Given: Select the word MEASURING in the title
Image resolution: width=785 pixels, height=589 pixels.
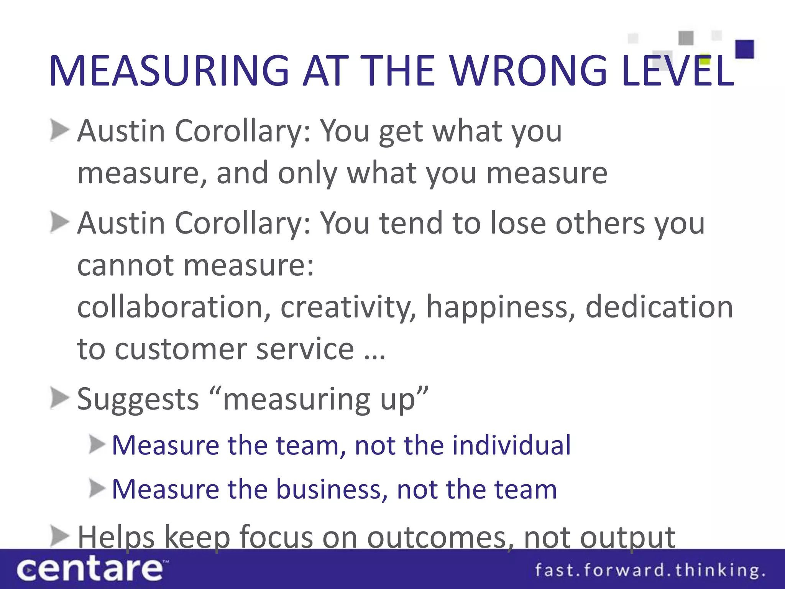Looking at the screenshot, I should (169, 71).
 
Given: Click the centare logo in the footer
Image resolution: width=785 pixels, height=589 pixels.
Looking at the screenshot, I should (90, 569).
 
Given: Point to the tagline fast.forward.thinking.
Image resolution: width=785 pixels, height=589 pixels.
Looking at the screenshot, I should (649, 570).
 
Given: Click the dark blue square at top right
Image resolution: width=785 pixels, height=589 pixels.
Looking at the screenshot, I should (744, 49).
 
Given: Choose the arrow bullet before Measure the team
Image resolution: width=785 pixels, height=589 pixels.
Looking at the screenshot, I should (97, 445).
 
